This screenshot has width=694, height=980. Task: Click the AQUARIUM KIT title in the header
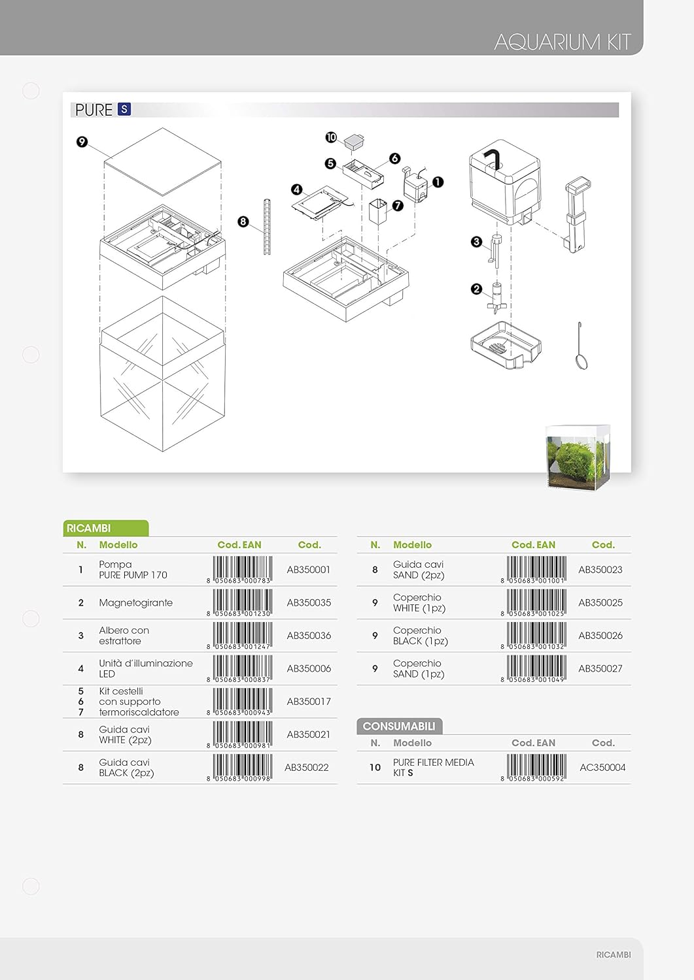(562, 42)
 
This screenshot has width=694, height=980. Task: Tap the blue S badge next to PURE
(124, 109)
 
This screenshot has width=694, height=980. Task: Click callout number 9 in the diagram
(82, 142)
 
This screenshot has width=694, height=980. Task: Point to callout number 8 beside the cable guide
(243, 222)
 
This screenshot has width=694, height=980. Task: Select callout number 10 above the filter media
(331, 137)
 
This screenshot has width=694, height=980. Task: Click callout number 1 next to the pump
(438, 182)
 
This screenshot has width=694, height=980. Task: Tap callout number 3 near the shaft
(476, 242)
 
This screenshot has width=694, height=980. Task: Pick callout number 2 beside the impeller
(476, 289)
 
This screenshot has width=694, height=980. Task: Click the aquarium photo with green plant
(578, 457)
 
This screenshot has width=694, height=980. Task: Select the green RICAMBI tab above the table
(105, 528)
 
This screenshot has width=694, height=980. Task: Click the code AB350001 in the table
(309, 570)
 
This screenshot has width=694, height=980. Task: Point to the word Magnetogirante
(136, 602)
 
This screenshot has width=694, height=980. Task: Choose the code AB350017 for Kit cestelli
(309, 701)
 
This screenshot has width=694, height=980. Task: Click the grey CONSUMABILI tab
(399, 727)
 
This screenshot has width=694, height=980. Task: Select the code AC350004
(602, 768)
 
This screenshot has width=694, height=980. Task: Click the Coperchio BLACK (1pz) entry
(420, 636)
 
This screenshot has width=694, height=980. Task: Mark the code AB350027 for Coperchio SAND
(600, 668)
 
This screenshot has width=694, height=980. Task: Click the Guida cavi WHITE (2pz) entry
(125, 734)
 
